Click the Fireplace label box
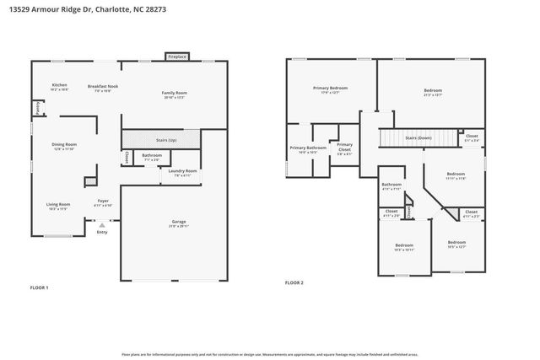176,56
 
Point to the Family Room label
174,94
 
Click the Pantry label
37,107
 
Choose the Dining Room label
65,145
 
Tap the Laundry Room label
183,172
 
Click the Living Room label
57,205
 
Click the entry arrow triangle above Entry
102,226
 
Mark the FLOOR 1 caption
40,288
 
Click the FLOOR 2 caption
294,282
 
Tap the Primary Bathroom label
305,149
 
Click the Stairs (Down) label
418,137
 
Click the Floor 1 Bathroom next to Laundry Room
152,156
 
